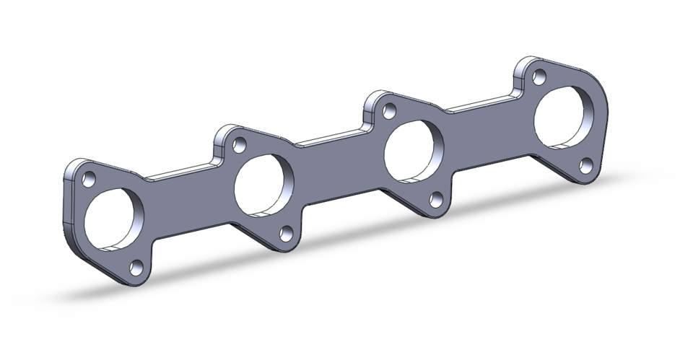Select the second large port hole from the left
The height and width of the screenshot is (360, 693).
tap(264, 185)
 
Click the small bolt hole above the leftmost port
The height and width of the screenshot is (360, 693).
tap(90, 178)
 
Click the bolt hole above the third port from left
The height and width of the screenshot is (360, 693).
tap(389, 113)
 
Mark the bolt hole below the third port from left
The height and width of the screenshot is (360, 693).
tap(436, 201)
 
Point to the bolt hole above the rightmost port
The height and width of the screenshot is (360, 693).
tap(538, 74)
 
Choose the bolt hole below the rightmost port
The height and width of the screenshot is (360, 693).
tap(586, 166)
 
